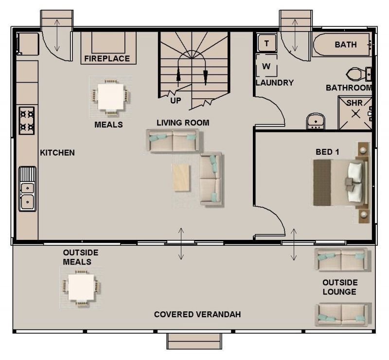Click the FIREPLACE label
click(x=107, y=58)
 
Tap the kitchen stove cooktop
click(x=27, y=121)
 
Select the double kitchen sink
click(x=27, y=189)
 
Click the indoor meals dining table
click(x=111, y=97)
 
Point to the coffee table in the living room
click(x=181, y=178)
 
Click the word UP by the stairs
click(x=176, y=101)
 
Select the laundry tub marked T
click(x=266, y=43)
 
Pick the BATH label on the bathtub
click(x=346, y=45)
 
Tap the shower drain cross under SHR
click(x=356, y=114)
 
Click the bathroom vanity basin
click(x=316, y=122)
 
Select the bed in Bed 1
click(x=340, y=183)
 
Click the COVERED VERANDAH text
click(x=197, y=314)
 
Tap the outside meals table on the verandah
click(x=81, y=287)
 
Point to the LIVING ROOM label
click(x=183, y=123)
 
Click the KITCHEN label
click(x=57, y=153)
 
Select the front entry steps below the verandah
click(x=194, y=342)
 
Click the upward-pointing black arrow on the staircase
click(x=178, y=74)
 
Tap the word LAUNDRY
click(x=275, y=83)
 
